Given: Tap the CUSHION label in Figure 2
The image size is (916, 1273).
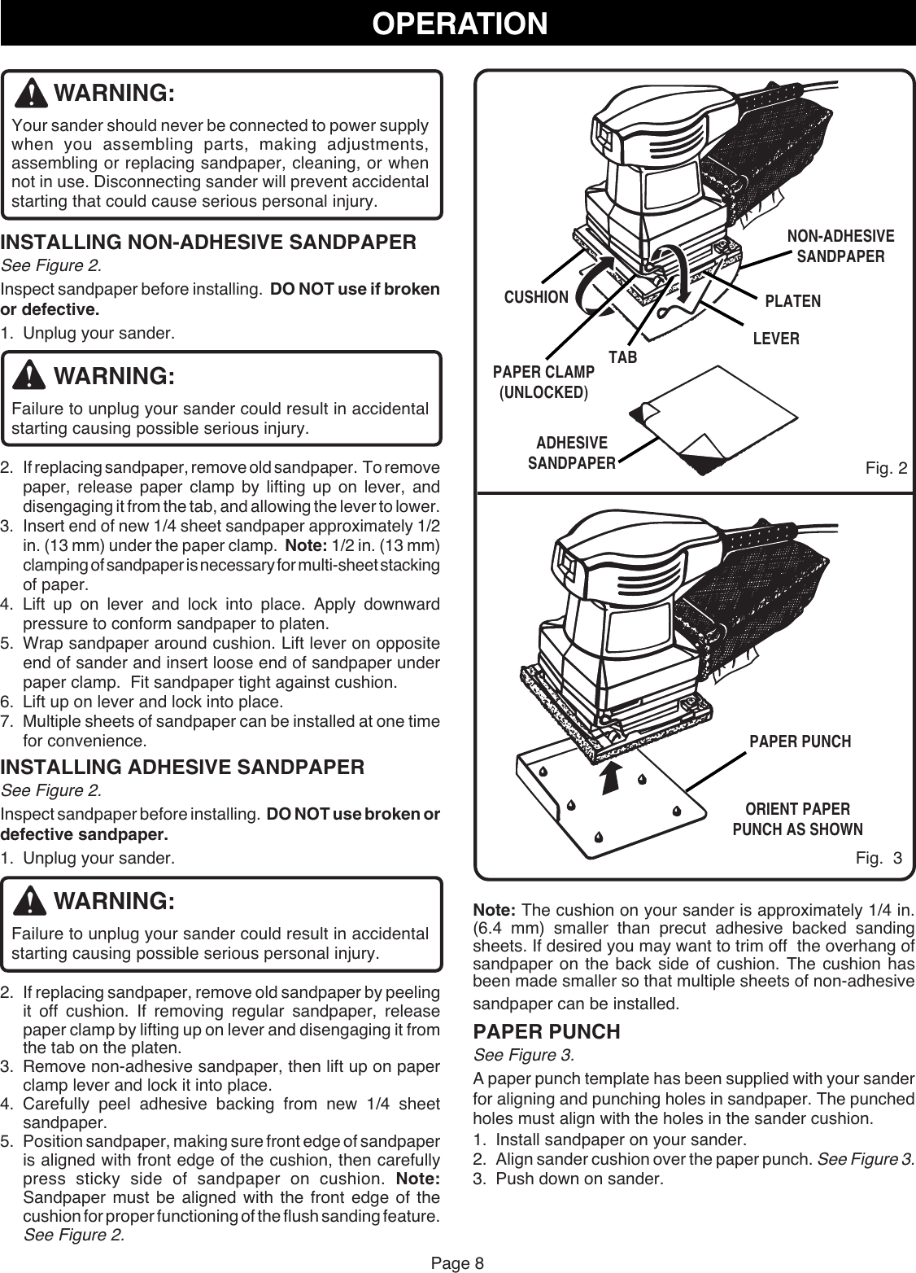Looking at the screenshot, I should click(536, 297).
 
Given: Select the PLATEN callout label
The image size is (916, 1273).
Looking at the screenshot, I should click(793, 301).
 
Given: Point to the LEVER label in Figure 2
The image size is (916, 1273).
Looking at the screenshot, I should click(775, 338).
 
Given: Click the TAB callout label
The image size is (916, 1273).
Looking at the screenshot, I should click(622, 357).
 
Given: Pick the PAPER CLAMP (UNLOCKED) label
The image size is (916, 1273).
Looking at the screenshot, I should click(543, 382).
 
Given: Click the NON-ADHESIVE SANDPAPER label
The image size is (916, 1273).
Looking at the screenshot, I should click(840, 247).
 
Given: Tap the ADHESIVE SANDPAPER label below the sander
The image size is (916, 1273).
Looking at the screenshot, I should click(571, 453).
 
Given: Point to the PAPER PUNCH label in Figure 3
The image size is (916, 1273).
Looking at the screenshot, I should click(800, 741).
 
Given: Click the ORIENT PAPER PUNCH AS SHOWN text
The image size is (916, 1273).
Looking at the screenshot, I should click(797, 820).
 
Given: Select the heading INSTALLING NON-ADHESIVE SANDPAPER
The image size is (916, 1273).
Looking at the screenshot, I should click(209, 243).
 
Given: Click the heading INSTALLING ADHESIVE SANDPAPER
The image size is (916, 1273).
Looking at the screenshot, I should click(183, 768).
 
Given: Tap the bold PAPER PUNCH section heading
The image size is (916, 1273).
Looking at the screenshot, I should click(547, 1032).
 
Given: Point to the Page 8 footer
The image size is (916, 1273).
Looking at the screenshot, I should click(457, 1262).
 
